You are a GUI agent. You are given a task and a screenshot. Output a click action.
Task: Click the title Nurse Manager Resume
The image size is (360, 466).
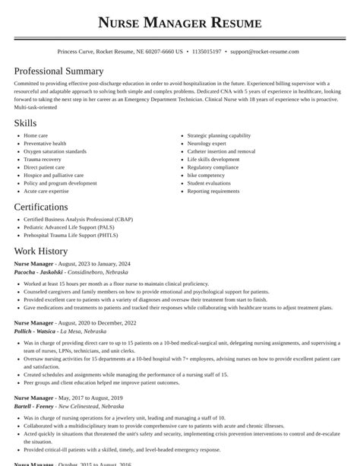pos(179,23)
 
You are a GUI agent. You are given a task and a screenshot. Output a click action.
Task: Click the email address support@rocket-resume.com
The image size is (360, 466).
pos(264,52)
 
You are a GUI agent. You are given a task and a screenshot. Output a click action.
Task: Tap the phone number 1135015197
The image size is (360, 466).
pos(207,52)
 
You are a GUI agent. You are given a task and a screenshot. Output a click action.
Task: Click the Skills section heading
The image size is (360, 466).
pos(24,122)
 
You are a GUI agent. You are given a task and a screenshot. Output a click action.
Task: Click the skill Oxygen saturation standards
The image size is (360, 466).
pos(55,151)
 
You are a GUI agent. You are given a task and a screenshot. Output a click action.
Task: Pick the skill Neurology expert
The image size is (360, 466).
pos(207,143)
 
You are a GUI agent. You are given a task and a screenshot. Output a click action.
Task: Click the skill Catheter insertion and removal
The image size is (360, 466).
pos(221,151)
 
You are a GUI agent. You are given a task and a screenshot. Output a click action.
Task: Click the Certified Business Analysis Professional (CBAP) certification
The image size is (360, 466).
pos(77,219)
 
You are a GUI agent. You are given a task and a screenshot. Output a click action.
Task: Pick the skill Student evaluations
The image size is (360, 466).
pos(209,183)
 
